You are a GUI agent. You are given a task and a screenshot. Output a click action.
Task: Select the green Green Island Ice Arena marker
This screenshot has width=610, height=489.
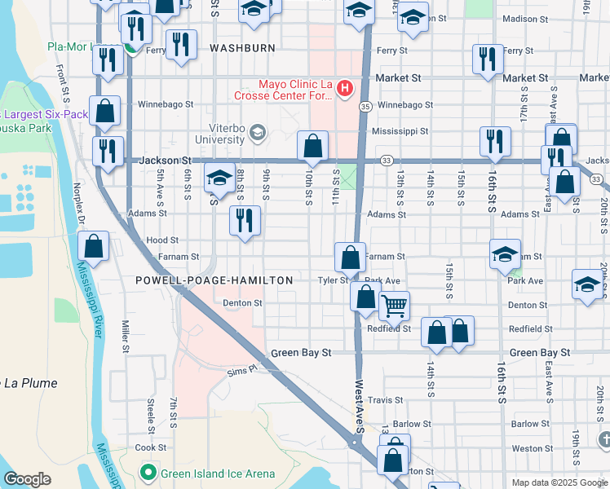(148, 472)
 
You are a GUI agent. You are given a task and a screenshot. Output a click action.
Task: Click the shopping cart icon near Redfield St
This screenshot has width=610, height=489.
(394, 307)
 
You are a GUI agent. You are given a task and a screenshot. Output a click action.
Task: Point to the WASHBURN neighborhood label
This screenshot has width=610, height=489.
(242, 48)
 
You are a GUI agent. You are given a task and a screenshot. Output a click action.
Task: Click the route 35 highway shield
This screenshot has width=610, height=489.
(365, 106)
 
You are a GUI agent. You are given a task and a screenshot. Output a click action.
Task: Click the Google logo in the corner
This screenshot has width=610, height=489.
(27, 479)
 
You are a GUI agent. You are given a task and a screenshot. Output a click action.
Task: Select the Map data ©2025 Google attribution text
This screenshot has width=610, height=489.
(559, 482)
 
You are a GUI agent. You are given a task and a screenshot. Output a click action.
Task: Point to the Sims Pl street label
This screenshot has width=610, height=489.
(241, 369)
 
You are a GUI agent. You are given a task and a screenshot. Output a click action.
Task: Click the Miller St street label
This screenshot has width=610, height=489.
(126, 336)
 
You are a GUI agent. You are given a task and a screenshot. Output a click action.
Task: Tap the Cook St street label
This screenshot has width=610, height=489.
(150, 447)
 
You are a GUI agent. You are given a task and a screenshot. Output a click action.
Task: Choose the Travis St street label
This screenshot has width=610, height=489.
(386, 400)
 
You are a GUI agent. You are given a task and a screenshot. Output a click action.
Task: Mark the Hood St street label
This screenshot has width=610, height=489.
(162, 240)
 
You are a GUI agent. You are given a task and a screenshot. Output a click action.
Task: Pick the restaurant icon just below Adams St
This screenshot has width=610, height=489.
(245, 220)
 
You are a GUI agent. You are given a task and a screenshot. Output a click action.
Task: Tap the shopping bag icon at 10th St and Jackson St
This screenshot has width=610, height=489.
(312, 147)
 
